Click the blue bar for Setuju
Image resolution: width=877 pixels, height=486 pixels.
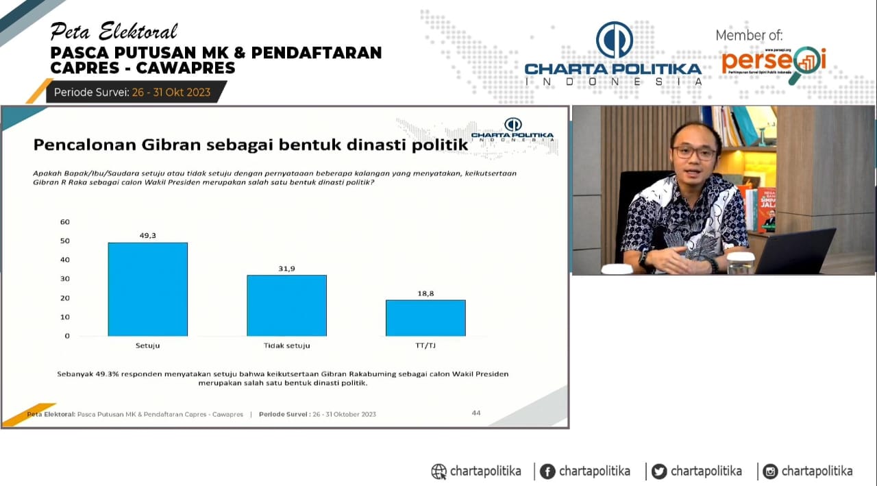(x=147, y=289)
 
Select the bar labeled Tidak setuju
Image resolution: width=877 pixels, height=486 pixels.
(x=286, y=306)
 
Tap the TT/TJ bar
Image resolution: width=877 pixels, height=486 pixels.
(x=425, y=318)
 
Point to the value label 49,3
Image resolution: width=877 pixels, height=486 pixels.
(x=148, y=235)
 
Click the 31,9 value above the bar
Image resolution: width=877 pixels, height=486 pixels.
(x=286, y=268)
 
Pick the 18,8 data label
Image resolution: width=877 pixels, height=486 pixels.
(x=425, y=293)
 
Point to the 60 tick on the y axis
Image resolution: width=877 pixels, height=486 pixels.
(x=65, y=221)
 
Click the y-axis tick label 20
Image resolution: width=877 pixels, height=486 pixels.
(x=65, y=298)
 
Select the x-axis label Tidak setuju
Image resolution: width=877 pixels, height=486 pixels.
(x=286, y=345)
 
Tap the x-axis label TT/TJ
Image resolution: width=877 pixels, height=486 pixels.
(x=425, y=345)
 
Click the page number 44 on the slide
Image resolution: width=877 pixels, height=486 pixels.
(x=476, y=413)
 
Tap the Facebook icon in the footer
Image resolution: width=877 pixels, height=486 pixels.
(x=547, y=472)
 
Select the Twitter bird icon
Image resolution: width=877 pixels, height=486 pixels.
(x=659, y=472)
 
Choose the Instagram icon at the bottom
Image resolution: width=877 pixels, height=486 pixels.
(x=771, y=472)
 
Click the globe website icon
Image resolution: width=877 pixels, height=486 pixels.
(x=438, y=472)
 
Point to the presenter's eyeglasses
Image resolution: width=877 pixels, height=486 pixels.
(x=693, y=152)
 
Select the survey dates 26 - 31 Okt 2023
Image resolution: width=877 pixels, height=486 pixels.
(x=171, y=92)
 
